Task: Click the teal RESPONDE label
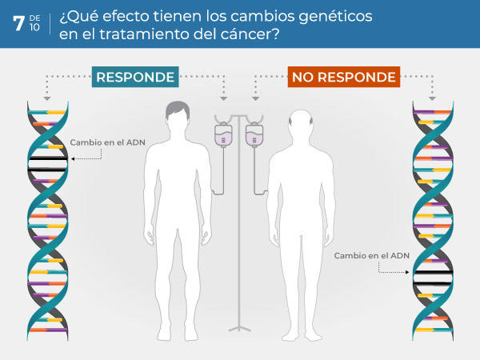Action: [135, 77]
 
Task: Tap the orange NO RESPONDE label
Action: [343, 77]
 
